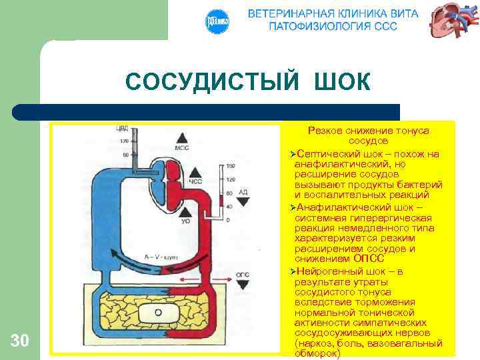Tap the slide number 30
click(x=20, y=341)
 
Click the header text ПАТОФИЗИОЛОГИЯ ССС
click(x=333, y=26)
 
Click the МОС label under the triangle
click(x=181, y=147)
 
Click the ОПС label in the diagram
click(x=243, y=274)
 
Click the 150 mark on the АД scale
click(x=231, y=166)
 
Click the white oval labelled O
click(x=157, y=312)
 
